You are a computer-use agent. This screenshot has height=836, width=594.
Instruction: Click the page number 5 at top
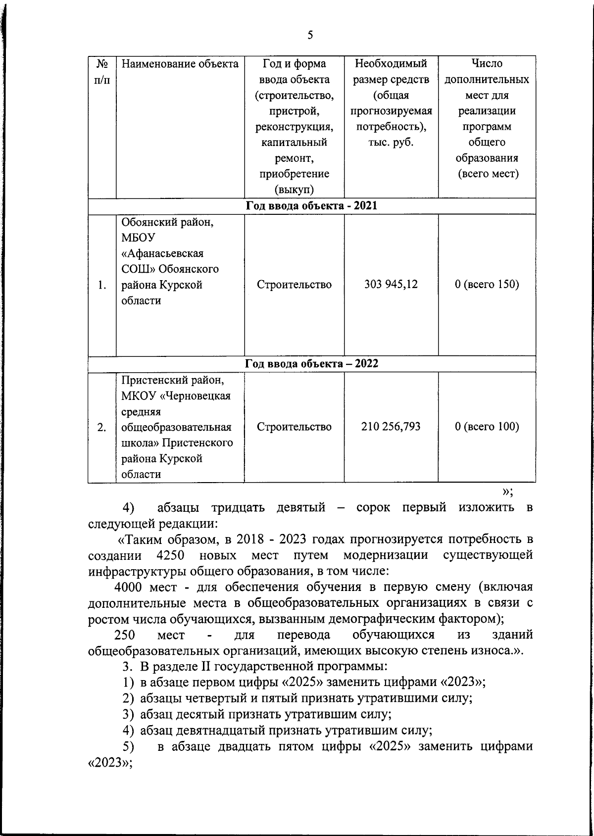click(x=310, y=35)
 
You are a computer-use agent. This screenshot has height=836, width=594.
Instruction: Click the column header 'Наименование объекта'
click(x=180, y=64)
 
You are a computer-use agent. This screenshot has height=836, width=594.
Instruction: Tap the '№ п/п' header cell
click(x=102, y=71)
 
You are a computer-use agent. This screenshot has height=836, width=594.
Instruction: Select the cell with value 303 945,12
click(x=391, y=285)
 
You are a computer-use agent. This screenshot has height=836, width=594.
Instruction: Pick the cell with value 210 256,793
click(x=391, y=427)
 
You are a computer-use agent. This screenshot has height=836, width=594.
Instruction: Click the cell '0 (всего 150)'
click(x=487, y=285)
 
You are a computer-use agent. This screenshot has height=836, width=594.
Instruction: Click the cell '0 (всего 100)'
click(x=487, y=427)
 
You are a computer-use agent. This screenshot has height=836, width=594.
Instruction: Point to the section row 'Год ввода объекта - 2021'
click(x=311, y=206)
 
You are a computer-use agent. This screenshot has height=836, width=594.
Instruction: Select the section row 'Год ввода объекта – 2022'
click(x=311, y=364)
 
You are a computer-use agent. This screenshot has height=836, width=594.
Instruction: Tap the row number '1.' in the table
click(x=102, y=285)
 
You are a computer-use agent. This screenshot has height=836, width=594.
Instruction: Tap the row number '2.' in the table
click(x=102, y=427)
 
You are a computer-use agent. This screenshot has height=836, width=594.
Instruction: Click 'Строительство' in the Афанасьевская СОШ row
click(x=294, y=285)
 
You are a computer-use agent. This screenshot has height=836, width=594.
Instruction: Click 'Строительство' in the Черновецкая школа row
click(x=294, y=427)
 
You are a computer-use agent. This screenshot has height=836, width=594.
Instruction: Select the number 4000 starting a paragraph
click(x=129, y=587)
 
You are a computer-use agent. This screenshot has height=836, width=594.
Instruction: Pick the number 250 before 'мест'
click(x=125, y=635)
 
